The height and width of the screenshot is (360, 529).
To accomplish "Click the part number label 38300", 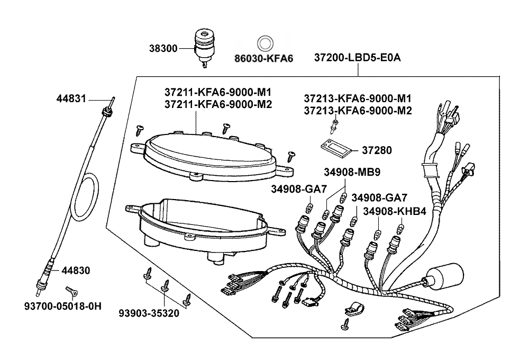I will pos(163,48).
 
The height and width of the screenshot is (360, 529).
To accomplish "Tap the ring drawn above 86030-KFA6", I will pos(264,43).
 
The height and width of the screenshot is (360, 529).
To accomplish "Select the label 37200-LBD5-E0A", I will pos(357,57).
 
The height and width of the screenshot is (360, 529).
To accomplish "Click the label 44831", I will pos(72,98).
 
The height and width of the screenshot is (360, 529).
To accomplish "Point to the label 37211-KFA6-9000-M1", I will pos(218,92).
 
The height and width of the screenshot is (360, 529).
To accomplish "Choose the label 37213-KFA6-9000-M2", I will pos(358,110).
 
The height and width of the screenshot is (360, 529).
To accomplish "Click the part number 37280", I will pos(377,151).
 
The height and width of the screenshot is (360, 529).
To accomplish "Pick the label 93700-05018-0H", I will pos(62,307).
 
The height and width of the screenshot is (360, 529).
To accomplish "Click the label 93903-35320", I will pos(149,313).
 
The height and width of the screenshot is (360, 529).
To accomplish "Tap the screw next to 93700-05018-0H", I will pos(71,290).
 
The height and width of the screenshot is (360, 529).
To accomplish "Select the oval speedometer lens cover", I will pos(211,154).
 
